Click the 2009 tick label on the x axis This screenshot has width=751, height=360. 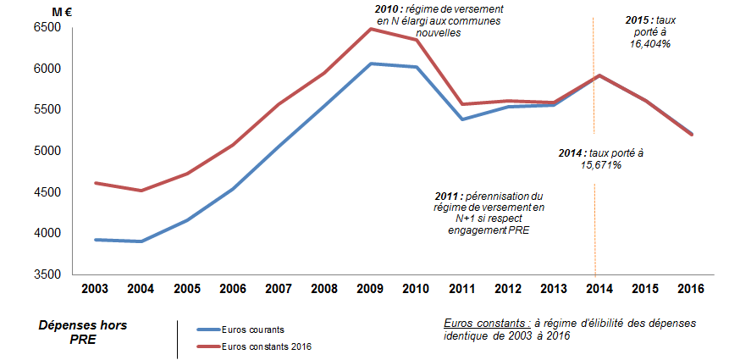(x=371, y=290)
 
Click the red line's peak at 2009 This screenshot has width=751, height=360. (x=371, y=29)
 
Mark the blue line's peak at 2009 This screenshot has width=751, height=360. (x=371, y=64)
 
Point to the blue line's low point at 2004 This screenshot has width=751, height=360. (x=141, y=241)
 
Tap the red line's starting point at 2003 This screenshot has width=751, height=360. (x=95, y=183)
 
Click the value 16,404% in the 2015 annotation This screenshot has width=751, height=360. (x=650, y=43)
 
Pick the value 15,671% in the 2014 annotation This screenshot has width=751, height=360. (x=601, y=165)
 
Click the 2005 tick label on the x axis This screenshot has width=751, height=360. (x=186, y=290)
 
